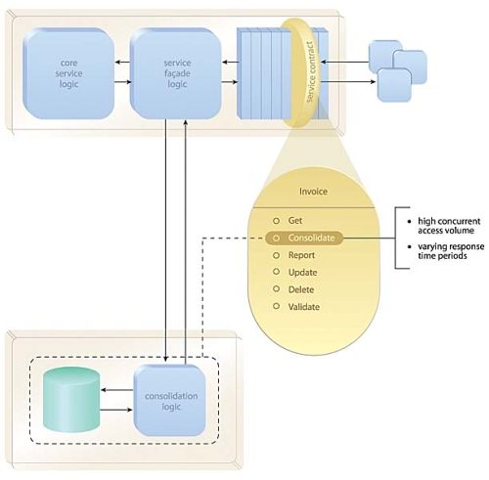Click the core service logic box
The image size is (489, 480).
68,73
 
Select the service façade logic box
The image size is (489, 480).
176,73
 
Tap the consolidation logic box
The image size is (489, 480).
170,401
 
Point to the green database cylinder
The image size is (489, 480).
71,400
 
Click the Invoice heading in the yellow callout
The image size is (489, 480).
313,192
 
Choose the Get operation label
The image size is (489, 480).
295,221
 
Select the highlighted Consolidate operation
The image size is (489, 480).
304,239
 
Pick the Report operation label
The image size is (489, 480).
301,255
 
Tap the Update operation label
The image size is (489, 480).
302,273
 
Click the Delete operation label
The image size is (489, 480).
301,289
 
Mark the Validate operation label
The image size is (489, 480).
304,307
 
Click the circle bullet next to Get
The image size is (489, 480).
276,221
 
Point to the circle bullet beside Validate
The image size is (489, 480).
276,306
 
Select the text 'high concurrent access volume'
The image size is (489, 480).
449,226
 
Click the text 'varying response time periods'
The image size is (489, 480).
451,251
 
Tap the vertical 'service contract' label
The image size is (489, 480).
311,71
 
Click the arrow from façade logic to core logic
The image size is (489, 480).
122,63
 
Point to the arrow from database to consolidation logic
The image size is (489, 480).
116,410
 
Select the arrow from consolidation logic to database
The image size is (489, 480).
117,390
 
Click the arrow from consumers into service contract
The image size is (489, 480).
345,62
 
